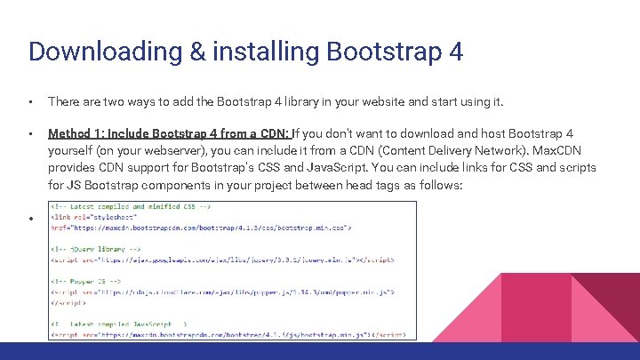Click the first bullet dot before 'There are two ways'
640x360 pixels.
click(31, 102)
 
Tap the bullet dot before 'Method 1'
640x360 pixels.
click(31, 134)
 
